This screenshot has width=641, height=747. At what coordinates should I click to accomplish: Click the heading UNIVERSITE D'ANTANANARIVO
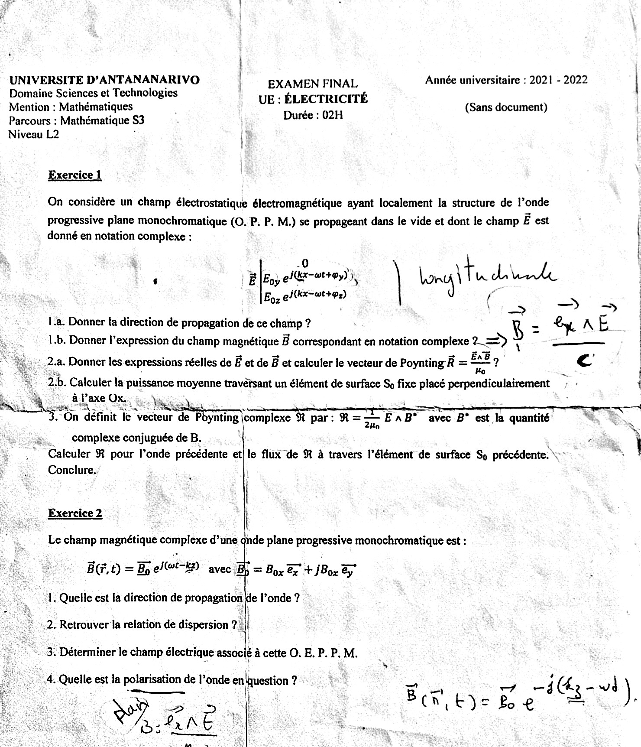104,80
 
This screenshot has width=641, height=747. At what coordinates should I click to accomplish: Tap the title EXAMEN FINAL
313,84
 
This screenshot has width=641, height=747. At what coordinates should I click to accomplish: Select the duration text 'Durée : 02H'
313,116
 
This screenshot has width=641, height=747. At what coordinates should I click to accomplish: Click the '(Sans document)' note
506,107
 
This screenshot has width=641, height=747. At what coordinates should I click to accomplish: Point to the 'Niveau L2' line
34,134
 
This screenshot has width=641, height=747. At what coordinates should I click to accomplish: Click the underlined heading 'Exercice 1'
75,175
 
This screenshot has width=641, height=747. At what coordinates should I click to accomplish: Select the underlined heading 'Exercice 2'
75,513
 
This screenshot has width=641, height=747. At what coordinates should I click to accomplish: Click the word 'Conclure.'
71,470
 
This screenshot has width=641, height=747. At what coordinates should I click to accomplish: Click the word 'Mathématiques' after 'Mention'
96,107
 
